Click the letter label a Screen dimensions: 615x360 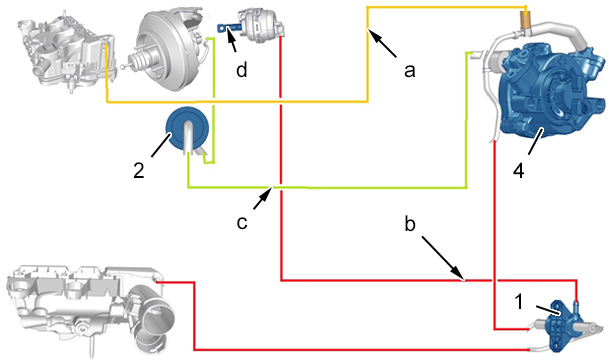coord(409,71)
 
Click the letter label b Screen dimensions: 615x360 coord(409,224)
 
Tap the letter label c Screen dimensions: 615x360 coord(242,223)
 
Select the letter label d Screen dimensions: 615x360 coord(242,69)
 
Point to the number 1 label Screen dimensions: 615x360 coord(519,302)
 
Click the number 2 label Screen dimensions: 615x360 coord(138,171)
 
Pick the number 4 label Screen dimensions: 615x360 coord(519,171)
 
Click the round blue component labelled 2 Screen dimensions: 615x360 coord(187,128)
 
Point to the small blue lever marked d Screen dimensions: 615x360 coord(228,27)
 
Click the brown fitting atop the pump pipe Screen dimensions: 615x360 coord(525,19)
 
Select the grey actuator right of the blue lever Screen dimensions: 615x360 coord(261,25)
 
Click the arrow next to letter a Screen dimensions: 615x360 coord(382,43)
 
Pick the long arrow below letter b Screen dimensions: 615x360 coord(442,257)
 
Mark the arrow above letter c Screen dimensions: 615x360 coord(263,198)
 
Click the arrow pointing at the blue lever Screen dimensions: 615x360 coord(232,40)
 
